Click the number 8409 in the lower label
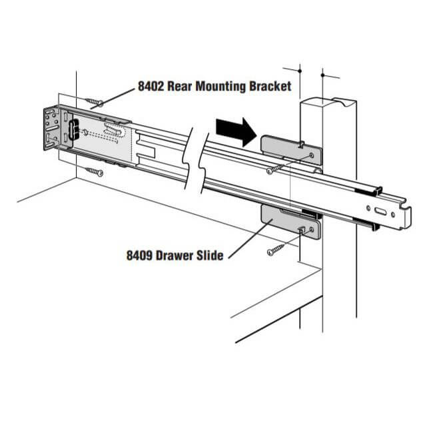142,255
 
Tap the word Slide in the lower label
210,255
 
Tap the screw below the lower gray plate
276,251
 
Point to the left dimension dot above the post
300,69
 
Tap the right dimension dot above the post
322,75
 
